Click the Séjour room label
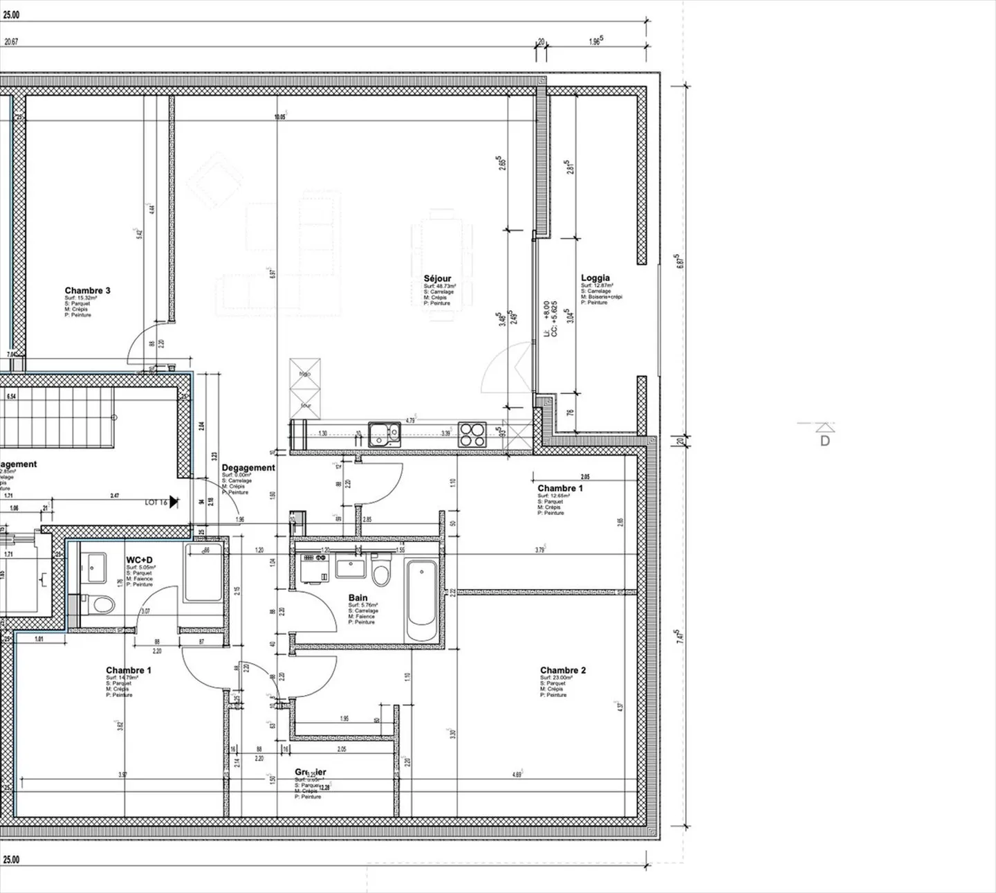(437, 278)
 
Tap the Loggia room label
(595, 278)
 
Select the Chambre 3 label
(87, 291)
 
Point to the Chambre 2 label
(562, 670)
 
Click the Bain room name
(358, 597)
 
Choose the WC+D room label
(139, 560)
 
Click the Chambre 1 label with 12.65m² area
(560, 488)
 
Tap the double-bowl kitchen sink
(384, 434)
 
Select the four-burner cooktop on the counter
(473, 434)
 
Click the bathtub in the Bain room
(421, 601)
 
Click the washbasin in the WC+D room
(95, 566)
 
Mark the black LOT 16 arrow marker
(174, 502)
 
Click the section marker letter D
(824, 440)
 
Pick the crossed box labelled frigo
(305, 372)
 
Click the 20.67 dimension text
(11, 42)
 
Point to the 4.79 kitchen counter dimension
(410, 420)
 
